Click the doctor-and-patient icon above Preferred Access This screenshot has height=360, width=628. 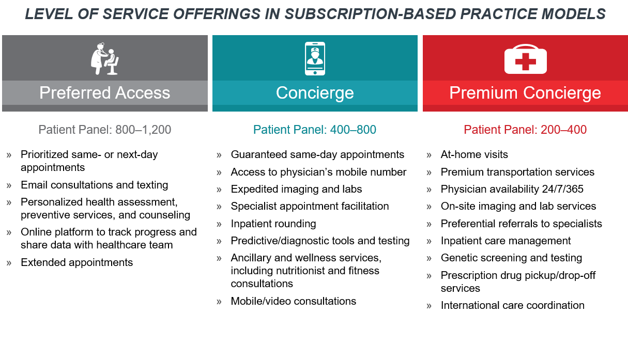pos(105,58)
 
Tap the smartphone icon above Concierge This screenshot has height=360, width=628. pos(315,58)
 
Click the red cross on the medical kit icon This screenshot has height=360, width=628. pos(525,61)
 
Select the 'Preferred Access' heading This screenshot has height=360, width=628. pos(104,93)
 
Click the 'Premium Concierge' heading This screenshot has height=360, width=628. pos(525,93)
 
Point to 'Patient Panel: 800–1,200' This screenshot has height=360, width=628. pos(104,130)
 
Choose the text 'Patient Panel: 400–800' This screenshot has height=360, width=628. pos(315,130)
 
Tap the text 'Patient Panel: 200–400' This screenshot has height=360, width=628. pos(525,130)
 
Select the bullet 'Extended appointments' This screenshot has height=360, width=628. pos(76,262)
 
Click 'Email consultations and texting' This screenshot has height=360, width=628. pos(94,185)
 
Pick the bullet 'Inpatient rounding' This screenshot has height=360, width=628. pos(273,224)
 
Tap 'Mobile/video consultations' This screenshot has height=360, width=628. pos(293,301)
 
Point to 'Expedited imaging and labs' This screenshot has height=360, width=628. pos(296,189)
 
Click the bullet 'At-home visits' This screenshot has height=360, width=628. pos(474,154)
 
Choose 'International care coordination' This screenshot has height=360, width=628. pos(513,305)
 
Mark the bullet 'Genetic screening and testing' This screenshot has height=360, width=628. pos(511,258)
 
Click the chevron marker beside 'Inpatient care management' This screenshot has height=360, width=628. pos(429,242)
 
